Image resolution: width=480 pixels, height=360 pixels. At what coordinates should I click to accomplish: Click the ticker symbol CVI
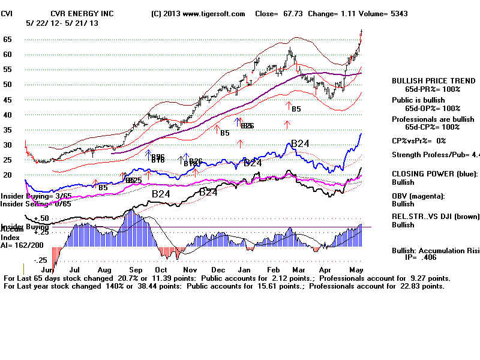click(7, 13)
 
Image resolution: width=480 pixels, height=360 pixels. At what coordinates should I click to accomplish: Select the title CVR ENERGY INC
click(82, 13)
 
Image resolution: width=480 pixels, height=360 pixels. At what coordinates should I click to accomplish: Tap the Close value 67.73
click(277, 13)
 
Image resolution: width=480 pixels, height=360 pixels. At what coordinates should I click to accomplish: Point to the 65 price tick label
click(8, 40)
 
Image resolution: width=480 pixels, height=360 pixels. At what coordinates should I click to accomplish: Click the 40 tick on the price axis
click(8, 115)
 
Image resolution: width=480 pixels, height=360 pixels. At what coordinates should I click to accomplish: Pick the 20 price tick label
click(8, 175)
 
